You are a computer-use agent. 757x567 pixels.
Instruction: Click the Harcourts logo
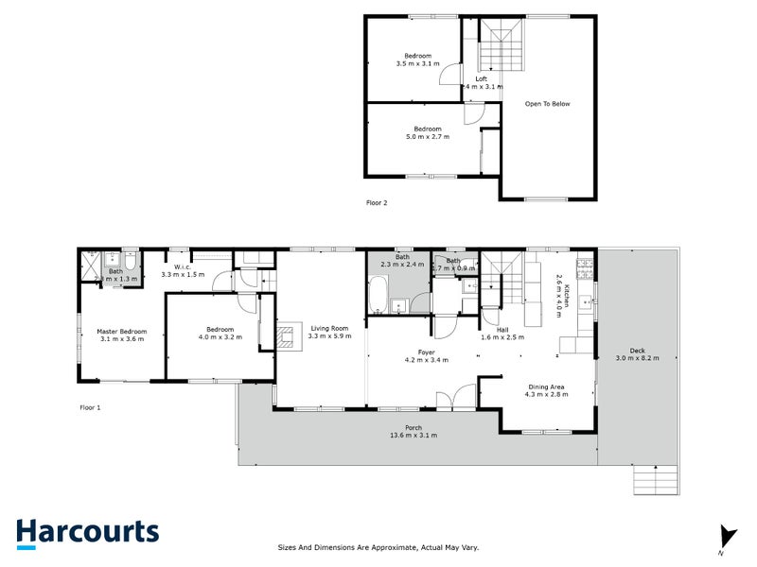[x=87, y=532]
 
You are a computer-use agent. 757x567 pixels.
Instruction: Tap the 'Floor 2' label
[x=377, y=202]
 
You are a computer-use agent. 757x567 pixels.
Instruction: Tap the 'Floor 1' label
[x=90, y=407]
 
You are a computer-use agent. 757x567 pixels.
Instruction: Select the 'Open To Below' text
[x=548, y=104]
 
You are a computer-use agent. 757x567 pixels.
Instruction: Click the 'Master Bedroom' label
[x=122, y=331]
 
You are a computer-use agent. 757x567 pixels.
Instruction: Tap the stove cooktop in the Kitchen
[x=586, y=269]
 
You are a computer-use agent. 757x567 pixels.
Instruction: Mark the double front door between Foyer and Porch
[x=464, y=398]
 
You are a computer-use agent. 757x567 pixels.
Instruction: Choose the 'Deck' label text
[x=637, y=351]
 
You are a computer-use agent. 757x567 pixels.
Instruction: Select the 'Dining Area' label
[x=546, y=386]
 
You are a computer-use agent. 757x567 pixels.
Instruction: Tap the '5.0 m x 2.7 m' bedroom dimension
[x=427, y=136]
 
